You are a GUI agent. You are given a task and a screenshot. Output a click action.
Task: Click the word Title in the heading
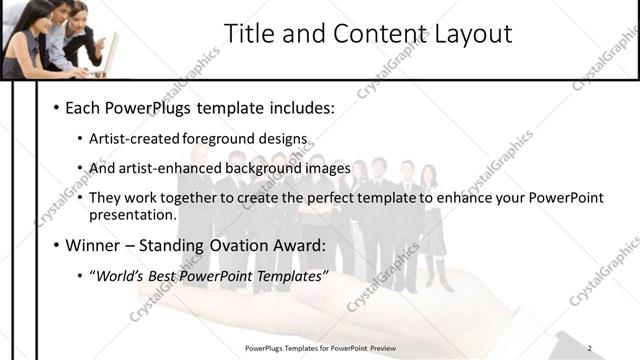pos(248,34)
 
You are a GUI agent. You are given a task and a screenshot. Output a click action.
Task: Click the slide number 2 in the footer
pos(590,348)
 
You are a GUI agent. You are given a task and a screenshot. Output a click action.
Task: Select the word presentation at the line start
pos(133,214)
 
